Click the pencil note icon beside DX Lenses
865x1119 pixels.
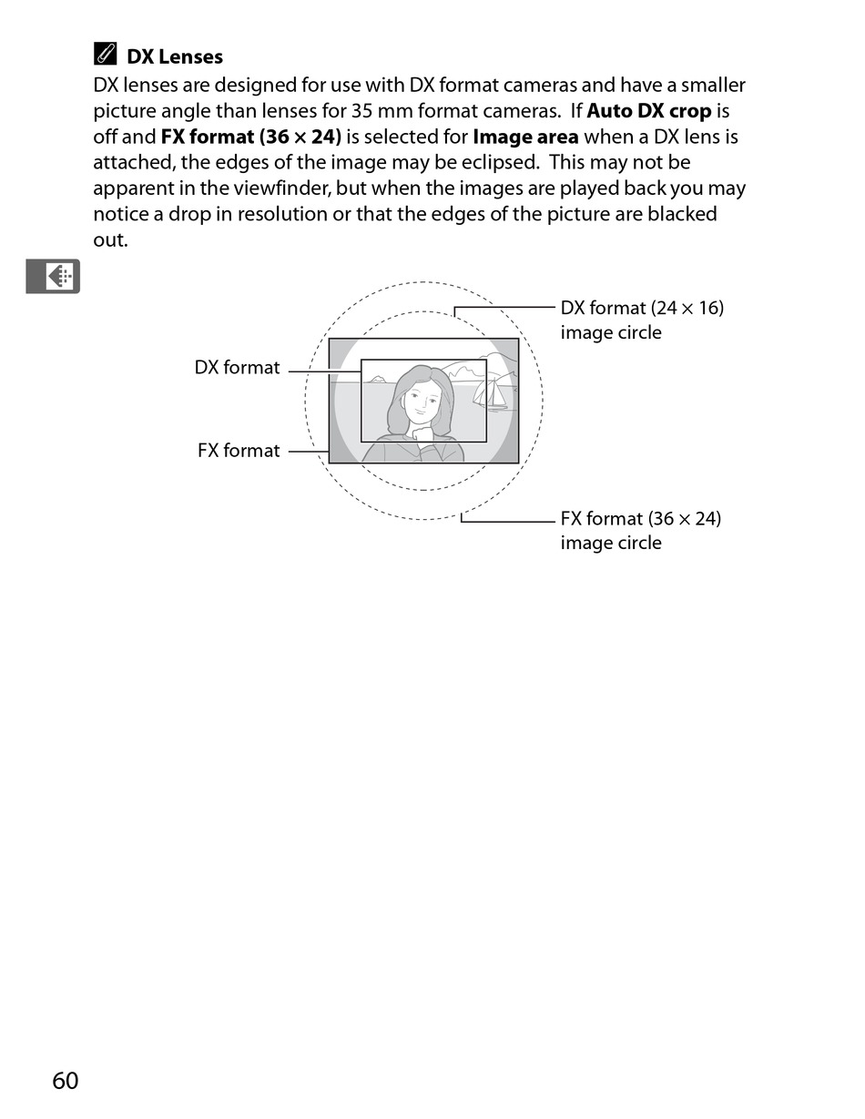(x=105, y=55)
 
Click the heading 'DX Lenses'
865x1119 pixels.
(x=174, y=56)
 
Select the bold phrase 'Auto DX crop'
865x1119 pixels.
(x=648, y=111)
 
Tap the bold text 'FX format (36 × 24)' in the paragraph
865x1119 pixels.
(x=250, y=137)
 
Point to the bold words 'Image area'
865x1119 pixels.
(x=525, y=137)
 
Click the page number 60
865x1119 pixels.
(x=66, y=1081)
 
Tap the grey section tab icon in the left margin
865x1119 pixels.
(x=53, y=276)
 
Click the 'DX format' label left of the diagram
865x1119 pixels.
(x=237, y=368)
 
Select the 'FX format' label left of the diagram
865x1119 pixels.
(x=239, y=451)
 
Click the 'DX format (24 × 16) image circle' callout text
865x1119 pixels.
(x=641, y=320)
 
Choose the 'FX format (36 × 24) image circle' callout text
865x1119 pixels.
(x=640, y=530)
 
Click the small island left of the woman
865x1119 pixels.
(x=375, y=379)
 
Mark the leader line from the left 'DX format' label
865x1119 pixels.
(x=324, y=371)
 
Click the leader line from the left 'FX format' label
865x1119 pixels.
(x=308, y=451)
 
